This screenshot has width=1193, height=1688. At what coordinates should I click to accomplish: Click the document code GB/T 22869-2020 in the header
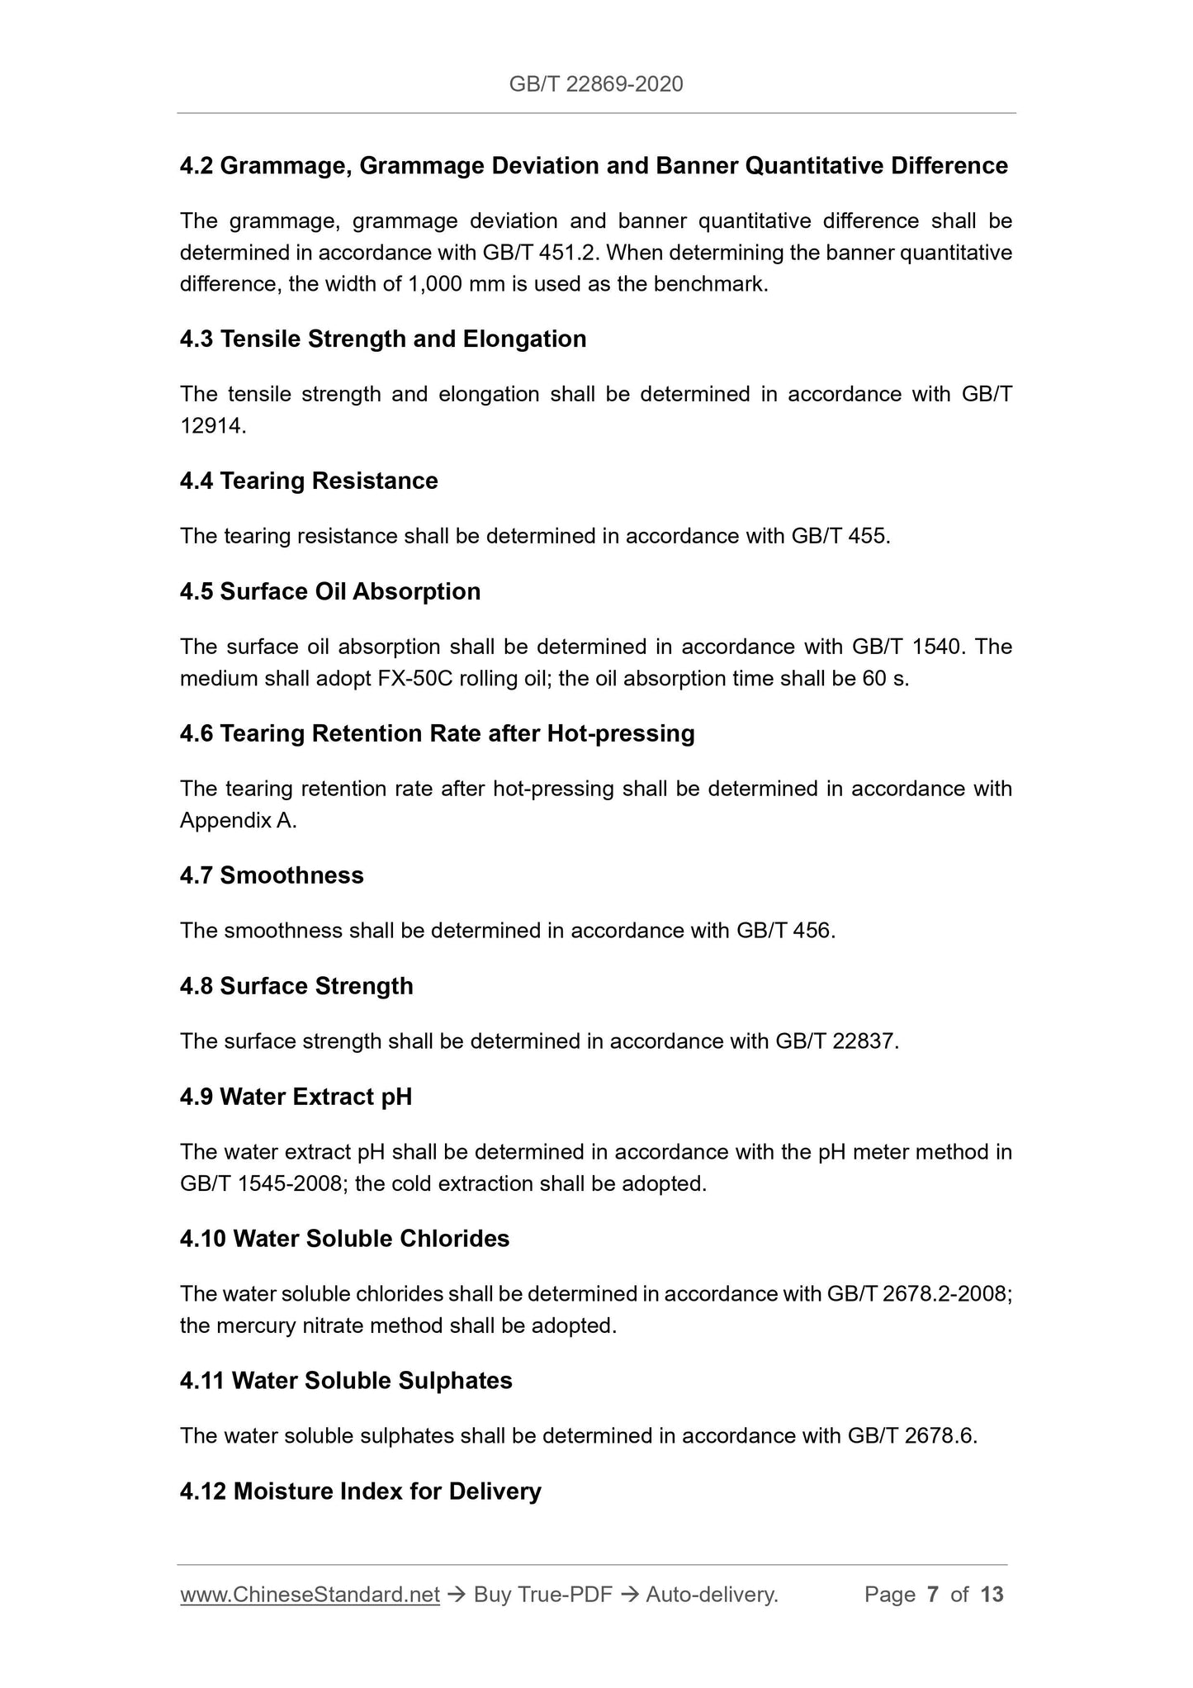[596, 83]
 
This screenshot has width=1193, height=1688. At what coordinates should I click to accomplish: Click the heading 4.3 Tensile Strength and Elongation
[383, 339]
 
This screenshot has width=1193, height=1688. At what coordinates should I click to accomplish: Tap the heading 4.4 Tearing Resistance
[309, 481]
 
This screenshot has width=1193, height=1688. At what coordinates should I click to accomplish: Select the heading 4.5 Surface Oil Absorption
[330, 592]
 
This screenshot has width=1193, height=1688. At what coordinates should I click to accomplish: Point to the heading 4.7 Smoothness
[272, 875]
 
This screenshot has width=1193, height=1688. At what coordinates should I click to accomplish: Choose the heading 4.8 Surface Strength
[296, 986]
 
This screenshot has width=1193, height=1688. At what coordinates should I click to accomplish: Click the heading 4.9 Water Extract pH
[296, 1097]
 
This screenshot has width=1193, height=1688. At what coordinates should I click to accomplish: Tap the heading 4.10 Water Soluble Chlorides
[344, 1239]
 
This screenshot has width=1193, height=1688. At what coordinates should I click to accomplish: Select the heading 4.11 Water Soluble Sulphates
[346, 1381]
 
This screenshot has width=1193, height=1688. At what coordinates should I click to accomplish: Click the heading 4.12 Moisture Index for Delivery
[360, 1491]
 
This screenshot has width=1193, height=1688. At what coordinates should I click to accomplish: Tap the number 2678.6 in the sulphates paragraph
[939, 1436]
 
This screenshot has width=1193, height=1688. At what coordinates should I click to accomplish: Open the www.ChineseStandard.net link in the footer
[310, 1595]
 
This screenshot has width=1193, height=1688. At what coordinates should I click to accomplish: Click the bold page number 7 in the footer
[933, 1595]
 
